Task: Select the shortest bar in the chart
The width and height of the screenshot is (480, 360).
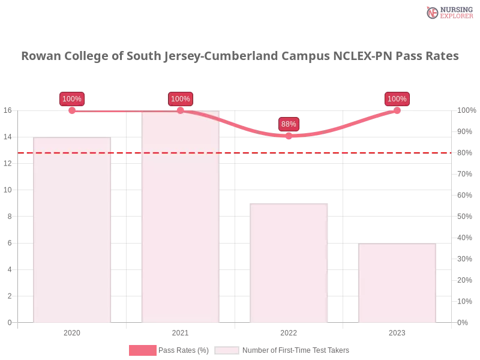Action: coord(396,283)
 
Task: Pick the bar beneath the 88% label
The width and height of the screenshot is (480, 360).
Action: coord(290,263)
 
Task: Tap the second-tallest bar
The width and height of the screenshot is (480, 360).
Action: coord(72,230)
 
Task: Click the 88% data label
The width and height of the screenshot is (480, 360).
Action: coord(289,124)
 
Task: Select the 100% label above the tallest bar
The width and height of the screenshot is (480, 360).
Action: coord(180,99)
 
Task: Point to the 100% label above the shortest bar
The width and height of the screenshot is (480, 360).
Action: coord(397,99)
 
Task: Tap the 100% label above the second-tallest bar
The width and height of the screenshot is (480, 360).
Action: coord(72,99)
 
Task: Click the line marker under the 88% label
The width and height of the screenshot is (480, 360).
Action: coord(289,136)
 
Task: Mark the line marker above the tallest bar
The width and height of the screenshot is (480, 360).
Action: coord(180,110)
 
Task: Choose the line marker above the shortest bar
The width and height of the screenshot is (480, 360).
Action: coord(397,110)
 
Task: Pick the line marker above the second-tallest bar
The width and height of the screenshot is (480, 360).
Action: coord(72,110)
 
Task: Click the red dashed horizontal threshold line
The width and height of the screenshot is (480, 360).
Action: coord(240,152)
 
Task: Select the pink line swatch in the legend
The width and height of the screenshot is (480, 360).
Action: coord(142,350)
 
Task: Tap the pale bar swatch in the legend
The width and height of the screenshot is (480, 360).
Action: coord(227,350)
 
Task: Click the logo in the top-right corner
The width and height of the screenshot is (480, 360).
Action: coord(449,12)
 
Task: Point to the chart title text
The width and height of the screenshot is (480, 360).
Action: coord(240,56)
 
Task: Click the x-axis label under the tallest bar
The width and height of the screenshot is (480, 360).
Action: coord(180,332)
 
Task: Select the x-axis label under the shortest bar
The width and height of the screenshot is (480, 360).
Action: coord(397,332)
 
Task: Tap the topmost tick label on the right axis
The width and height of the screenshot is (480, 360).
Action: coord(464,110)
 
